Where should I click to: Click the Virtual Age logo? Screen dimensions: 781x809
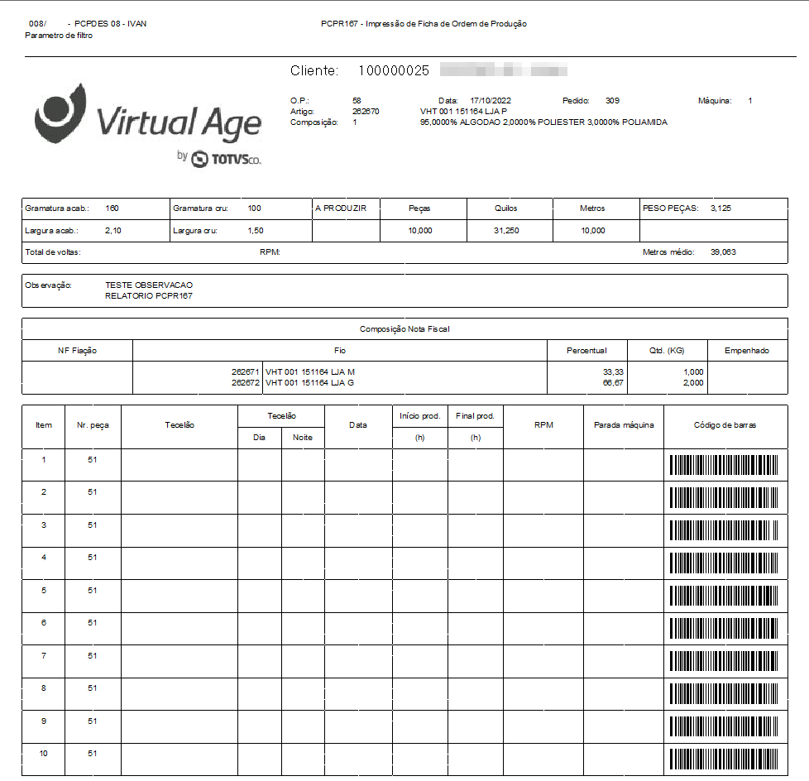click(x=149, y=124)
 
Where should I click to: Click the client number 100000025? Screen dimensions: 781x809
click(x=393, y=71)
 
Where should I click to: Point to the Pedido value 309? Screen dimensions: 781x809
click(x=612, y=100)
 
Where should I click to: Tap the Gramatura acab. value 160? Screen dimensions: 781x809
click(x=112, y=208)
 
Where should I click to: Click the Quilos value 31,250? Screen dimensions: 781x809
click(x=506, y=231)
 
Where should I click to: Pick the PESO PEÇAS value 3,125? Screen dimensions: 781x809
click(x=720, y=208)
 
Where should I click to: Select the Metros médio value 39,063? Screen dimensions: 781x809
click(x=722, y=252)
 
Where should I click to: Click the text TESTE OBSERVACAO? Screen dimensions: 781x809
click(x=149, y=285)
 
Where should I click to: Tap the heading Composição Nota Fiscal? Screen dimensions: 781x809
click(x=404, y=329)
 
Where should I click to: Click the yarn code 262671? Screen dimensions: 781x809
click(x=246, y=372)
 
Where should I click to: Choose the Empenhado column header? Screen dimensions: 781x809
click(x=747, y=351)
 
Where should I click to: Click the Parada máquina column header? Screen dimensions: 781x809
click(x=624, y=425)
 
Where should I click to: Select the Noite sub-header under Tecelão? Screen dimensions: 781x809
click(x=303, y=437)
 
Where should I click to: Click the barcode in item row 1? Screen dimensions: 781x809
click(x=724, y=465)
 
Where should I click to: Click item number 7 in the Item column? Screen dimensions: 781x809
click(x=44, y=655)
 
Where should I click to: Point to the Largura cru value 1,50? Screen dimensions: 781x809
click(x=256, y=231)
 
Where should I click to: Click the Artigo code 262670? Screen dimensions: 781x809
click(x=366, y=111)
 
